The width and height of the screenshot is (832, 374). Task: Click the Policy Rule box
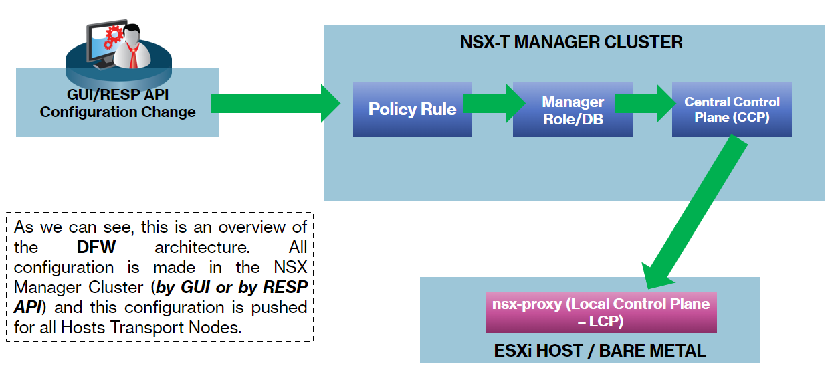click(412, 110)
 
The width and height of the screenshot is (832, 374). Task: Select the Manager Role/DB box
click(573, 110)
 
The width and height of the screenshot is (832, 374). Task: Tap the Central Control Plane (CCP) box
click(732, 110)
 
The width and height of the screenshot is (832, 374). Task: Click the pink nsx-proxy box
click(601, 312)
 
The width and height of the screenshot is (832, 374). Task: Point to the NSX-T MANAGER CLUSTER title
click(571, 43)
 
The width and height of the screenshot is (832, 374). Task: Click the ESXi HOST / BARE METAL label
click(591, 350)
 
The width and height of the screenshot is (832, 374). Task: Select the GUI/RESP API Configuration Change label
click(118, 103)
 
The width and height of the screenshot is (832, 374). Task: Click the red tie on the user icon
click(134, 56)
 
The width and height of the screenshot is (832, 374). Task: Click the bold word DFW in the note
click(96, 247)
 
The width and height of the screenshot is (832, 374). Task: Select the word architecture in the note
click(199, 247)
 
